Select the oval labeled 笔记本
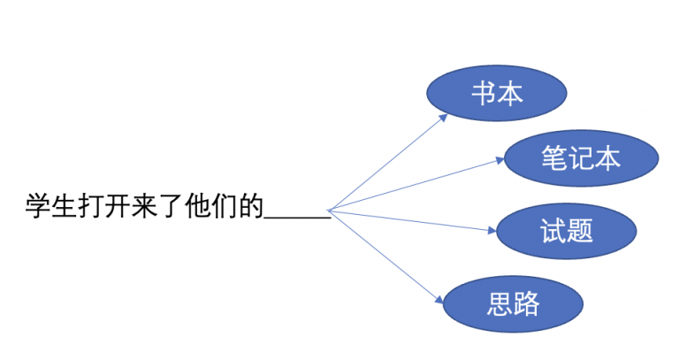580,158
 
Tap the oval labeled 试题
566,232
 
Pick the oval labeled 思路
513,305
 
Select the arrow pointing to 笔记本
416,185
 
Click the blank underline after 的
298,213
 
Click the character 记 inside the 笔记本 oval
581,158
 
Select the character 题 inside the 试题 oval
579,232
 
